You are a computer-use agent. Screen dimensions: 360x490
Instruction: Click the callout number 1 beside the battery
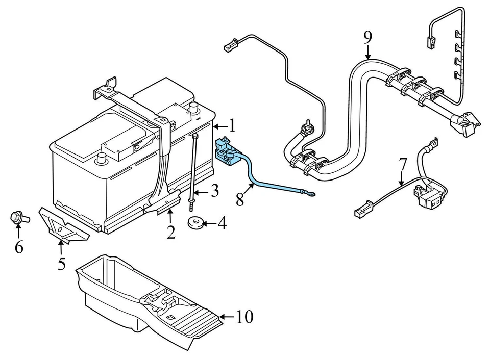point(232,125)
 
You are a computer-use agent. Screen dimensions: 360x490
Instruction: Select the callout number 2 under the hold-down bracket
point(171,232)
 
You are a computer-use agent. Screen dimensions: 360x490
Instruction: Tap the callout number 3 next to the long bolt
point(214,191)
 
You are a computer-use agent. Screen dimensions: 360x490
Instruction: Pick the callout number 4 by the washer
point(222,223)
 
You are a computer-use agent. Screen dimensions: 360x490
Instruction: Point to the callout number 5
point(61,264)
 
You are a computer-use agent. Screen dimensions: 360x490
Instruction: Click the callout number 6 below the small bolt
point(19,247)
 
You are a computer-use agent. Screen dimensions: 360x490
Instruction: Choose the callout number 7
point(403,164)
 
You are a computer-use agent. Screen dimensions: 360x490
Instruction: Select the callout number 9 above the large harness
point(367,37)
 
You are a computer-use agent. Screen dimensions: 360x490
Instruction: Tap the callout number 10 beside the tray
point(244,317)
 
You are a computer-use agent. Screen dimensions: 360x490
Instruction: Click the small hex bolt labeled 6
point(18,218)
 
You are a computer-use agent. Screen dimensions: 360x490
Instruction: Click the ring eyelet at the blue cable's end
point(310,193)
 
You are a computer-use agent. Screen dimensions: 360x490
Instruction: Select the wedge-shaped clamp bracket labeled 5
point(63,224)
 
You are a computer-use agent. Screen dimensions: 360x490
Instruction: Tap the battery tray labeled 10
point(148,301)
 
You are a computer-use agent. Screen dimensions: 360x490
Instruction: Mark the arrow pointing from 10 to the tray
point(227,317)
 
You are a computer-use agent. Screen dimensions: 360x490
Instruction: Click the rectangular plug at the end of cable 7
point(361,210)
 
